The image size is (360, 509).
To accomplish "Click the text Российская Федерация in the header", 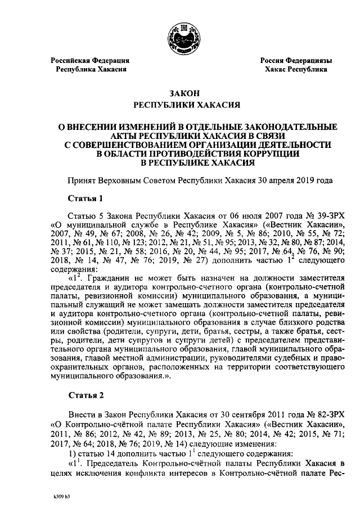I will click(90, 60).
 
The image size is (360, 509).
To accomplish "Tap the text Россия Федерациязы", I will click(295, 60).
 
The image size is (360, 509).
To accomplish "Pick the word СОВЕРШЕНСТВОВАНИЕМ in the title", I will click(135, 145).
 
